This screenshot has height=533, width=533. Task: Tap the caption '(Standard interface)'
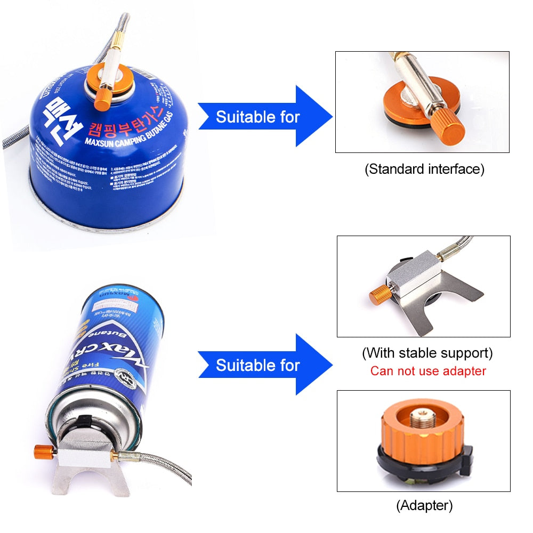click(x=424, y=169)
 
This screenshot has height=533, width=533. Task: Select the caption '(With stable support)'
click(x=427, y=353)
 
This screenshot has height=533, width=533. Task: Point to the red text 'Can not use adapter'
click(x=428, y=371)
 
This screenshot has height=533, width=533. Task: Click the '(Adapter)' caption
click(x=424, y=505)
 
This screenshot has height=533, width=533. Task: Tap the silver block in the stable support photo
click(x=413, y=280)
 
